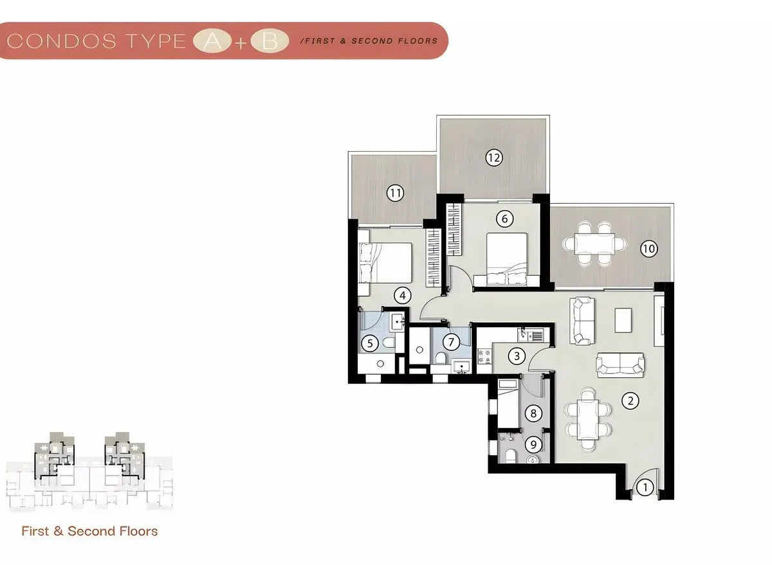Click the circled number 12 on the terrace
[494, 157]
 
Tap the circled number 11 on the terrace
[395, 193]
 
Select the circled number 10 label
[649, 249]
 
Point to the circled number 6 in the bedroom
[505, 219]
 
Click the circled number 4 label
[403, 296]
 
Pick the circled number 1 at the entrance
[645, 487]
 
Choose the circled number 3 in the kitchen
[517, 355]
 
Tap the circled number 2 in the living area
[630, 400]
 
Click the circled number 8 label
[533, 413]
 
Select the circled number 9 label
[533, 445]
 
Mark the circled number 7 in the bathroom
[451, 342]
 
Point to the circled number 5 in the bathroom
[370, 343]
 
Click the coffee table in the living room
[623, 320]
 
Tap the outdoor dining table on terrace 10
[594, 244]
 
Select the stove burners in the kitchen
[484, 356]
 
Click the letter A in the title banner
[212, 41]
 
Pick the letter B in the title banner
[270, 41]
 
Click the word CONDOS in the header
[61, 41]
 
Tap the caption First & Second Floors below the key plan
[89, 531]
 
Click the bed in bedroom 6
[507, 259]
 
